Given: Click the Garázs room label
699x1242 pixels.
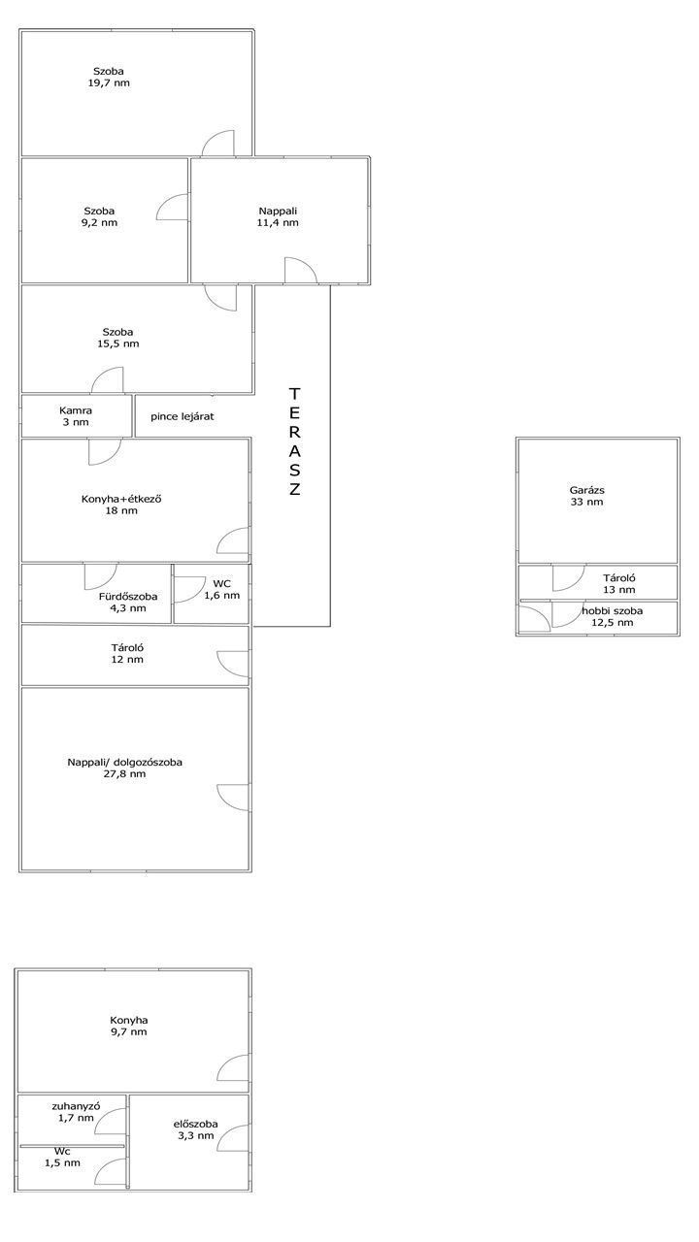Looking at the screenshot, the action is point(587,490).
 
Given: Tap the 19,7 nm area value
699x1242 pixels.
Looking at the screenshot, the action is point(109,83).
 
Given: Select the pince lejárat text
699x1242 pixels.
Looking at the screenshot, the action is point(182,416).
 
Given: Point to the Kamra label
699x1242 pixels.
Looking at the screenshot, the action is point(76,410).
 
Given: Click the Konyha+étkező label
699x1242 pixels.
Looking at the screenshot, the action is point(121,499).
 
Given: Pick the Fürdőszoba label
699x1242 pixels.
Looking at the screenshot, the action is point(128,597).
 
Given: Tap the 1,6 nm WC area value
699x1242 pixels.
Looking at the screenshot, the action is point(222,596).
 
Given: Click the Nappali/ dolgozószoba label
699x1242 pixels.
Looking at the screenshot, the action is point(125,763).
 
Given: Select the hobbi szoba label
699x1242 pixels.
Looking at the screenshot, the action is point(613,611).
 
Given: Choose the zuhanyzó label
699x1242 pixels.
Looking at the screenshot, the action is point(76,1106).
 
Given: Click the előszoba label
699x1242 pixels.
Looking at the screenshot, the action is point(195,1124).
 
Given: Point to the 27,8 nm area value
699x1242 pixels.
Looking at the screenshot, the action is point(125,774).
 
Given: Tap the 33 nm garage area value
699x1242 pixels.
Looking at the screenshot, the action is point(587,502).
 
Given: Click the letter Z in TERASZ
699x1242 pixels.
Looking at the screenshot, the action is point(294,489).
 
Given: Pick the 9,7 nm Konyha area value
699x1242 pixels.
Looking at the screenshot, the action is point(129,1031).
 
